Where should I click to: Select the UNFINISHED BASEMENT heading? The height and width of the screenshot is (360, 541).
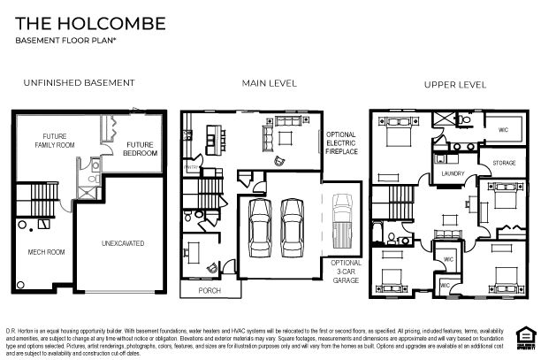coord(78,83)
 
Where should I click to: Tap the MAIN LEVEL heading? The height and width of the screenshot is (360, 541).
coord(270,83)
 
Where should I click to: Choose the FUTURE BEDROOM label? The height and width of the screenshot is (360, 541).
coord(141,149)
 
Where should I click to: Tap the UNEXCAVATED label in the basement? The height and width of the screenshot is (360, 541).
coord(122,242)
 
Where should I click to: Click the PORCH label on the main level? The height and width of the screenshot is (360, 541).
coord(210,290)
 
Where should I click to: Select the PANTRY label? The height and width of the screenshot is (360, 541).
coord(189,166)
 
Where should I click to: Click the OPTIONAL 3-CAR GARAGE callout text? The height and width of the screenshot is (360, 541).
coord(346,271)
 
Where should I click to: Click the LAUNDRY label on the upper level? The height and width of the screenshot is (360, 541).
coord(453,173)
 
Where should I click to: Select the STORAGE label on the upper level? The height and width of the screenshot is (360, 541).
coord(504,163)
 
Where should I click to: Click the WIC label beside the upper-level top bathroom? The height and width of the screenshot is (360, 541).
coord(503,129)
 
